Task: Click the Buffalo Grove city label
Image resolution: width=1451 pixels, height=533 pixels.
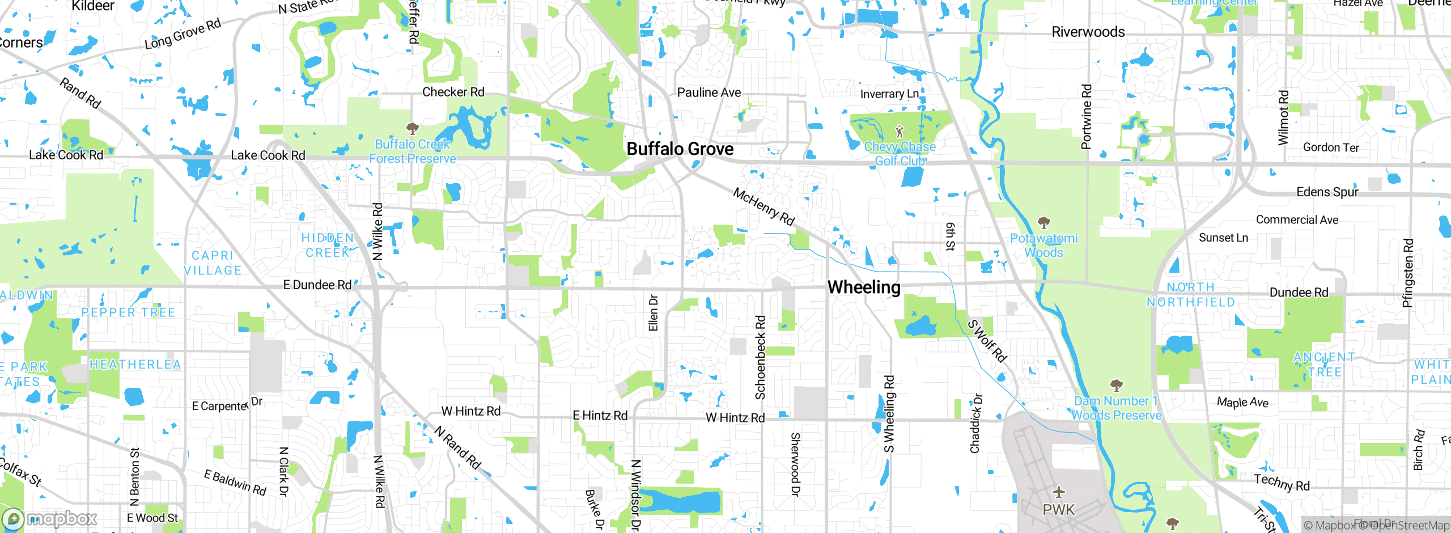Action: click(x=680, y=149)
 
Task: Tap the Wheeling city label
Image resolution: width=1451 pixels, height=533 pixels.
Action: click(x=864, y=287)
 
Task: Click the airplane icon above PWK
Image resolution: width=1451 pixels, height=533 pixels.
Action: click(x=1058, y=492)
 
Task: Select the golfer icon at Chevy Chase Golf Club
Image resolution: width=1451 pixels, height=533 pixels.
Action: click(x=900, y=132)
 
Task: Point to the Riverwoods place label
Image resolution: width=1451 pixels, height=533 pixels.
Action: click(x=1088, y=32)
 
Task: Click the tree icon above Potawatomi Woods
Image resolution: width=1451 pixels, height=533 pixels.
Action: click(x=1043, y=222)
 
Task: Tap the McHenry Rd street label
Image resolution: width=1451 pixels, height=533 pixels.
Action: click(x=763, y=207)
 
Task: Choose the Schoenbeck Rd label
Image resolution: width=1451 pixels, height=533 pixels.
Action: click(x=760, y=357)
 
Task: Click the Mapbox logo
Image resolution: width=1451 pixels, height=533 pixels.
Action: click(x=50, y=519)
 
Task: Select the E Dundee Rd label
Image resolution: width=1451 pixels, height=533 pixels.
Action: click(x=317, y=285)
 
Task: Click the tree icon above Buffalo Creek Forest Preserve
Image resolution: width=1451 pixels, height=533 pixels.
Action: click(x=413, y=128)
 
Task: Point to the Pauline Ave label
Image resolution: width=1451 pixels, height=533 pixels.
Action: click(x=709, y=92)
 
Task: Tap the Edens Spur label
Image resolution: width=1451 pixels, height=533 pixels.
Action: click(x=1327, y=192)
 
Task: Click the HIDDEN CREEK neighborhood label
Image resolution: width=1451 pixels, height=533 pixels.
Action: click(x=328, y=245)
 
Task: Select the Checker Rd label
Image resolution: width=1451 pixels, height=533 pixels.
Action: click(x=453, y=92)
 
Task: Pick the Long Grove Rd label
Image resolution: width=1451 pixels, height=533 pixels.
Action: click(x=183, y=34)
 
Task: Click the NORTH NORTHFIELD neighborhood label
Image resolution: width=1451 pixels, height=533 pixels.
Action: click(x=1190, y=295)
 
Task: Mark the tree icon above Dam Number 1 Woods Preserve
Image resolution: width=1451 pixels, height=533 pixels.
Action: click(x=1116, y=386)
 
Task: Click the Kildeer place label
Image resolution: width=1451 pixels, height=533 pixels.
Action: click(x=93, y=6)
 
